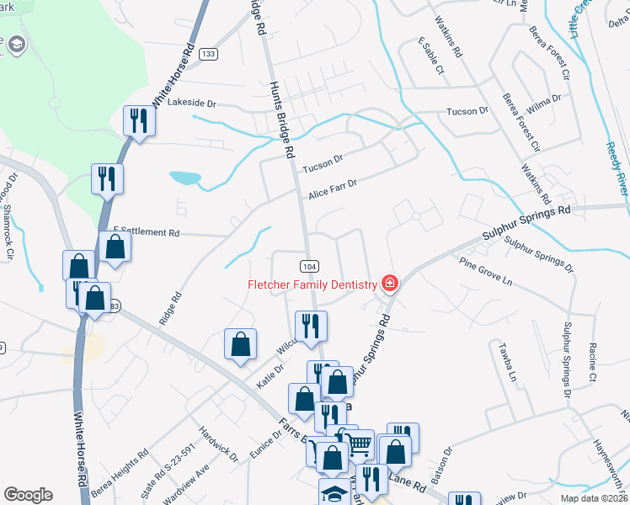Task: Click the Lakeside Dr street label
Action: (192, 103)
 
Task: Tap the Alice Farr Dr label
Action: (333, 188)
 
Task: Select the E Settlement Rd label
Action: (147, 231)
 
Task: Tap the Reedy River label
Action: (617, 167)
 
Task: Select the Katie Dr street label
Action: (270, 375)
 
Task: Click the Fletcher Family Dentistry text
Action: (312, 284)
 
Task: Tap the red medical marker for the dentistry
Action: (390, 283)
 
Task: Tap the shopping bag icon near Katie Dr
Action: (240, 343)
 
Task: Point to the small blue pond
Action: (184, 178)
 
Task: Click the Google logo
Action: (29, 495)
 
